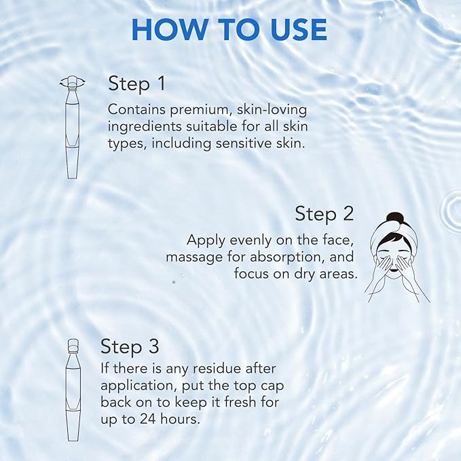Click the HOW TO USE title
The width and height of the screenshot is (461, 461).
tap(229, 29)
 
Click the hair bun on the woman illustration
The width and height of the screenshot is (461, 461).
tap(396, 220)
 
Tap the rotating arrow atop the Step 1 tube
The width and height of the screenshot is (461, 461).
tap(71, 83)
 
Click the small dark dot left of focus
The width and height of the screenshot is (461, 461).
tap(174, 281)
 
